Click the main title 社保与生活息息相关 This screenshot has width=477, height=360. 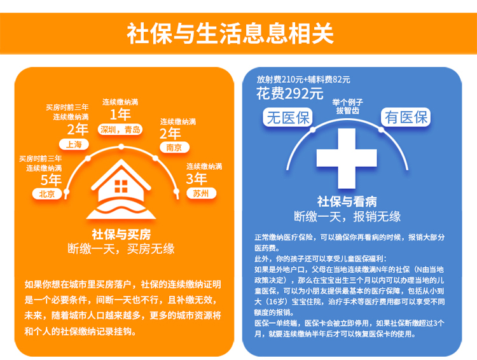(230, 33)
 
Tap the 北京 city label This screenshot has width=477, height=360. (47, 194)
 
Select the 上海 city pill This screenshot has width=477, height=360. (74, 144)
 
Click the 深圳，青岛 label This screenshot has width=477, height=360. (120, 130)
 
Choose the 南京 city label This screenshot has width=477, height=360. (174, 148)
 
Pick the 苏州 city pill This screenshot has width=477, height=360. (201, 193)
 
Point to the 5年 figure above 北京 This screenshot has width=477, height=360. (51, 180)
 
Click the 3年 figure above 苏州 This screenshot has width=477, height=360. (197, 179)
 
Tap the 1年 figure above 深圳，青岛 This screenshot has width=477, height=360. (120, 114)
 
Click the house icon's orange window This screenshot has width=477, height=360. (121, 186)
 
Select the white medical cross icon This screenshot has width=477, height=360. (347, 158)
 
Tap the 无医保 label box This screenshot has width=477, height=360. (287, 117)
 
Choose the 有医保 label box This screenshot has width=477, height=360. (406, 117)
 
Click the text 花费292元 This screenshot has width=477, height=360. (289, 93)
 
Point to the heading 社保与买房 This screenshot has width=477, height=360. (121, 234)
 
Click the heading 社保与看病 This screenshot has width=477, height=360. (347, 202)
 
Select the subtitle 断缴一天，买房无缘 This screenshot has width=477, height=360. (121, 249)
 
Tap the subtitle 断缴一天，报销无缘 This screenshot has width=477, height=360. (347, 216)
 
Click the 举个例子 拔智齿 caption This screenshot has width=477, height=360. (347, 106)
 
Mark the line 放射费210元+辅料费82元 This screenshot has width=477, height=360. (303, 80)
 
